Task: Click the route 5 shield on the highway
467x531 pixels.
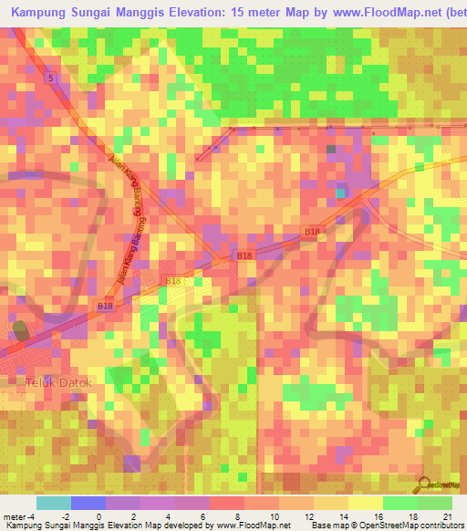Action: pyautogui.click(x=52, y=79)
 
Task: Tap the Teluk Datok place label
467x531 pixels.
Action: pyautogui.click(x=63, y=382)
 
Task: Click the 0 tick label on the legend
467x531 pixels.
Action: pyautogui.click(x=99, y=516)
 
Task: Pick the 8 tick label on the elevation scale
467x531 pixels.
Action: pyautogui.click(x=234, y=516)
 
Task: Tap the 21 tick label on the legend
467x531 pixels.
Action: pyautogui.click(x=447, y=516)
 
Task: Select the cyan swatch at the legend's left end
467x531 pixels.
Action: pyautogui.click(x=54, y=503)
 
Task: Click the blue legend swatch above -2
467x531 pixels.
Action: pyautogui.click(x=88, y=503)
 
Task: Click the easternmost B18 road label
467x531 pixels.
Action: pyautogui.click(x=312, y=233)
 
